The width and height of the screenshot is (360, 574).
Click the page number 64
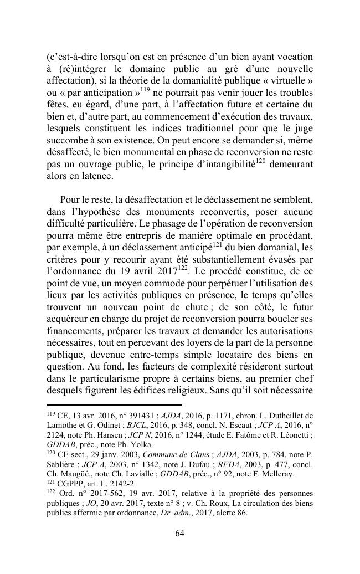pos(179,533)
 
